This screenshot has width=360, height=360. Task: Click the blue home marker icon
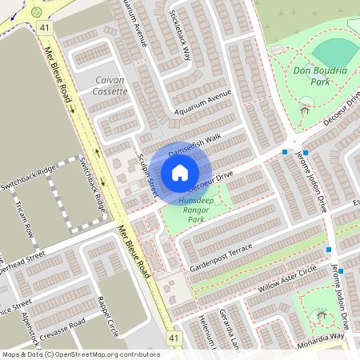[180, 172]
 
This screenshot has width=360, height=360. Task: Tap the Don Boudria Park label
[320, 76]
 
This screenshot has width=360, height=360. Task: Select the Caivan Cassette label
[111, 86]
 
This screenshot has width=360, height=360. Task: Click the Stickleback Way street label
[178, 36]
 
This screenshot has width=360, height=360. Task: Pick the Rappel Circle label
[106, 318]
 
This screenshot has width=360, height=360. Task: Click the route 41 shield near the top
[45, 27]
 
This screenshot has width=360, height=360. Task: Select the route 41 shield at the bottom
[174, 339]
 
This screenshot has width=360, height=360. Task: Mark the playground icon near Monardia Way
[323, 315]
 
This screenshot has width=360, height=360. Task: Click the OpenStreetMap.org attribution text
[104, 354]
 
